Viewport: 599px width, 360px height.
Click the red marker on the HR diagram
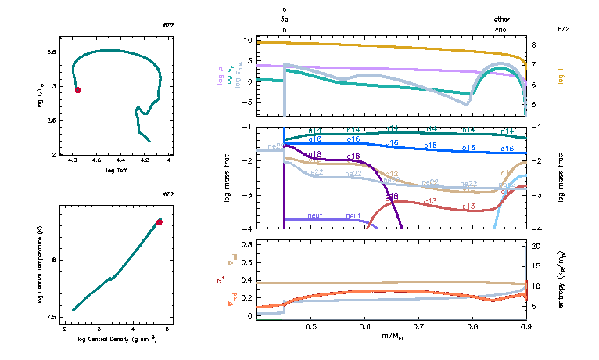coord(78,90)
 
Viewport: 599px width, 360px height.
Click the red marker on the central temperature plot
coord(159,222)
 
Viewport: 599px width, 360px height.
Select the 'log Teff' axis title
coord(117,170)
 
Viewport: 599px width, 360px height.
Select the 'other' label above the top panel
coord(501,18)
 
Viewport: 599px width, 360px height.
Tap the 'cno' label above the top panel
coord(501,28)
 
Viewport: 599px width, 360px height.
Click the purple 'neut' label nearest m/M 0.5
coord(315,216)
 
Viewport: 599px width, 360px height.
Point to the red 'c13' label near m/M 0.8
coord(469,207)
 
